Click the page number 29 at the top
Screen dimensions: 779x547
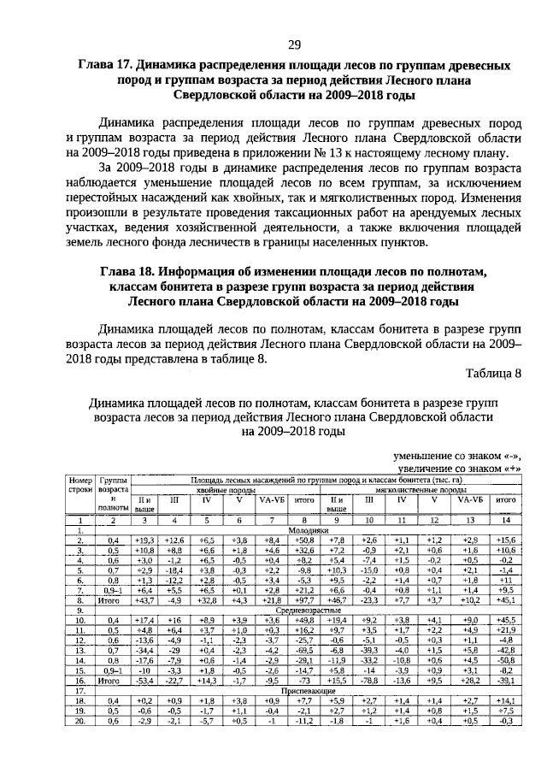click(x=293, y=44)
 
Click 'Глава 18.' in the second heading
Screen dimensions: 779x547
click(x=127, y=272)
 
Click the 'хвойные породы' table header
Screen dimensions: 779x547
click(x=203, y=491)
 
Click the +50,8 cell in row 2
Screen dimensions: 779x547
click(x=301, y=540)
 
